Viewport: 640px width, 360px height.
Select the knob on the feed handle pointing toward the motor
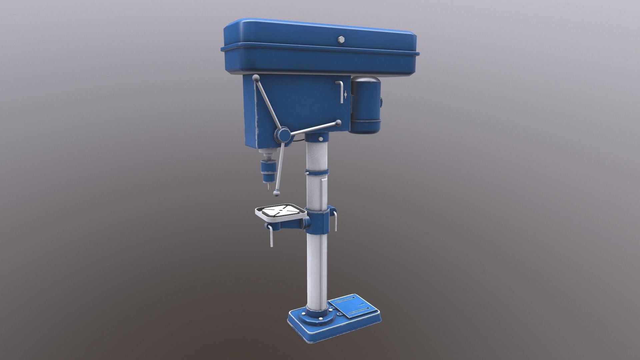pyautogui.click(x=339, y=123)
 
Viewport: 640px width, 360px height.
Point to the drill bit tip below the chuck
pyautogui.click(x=267, y=187)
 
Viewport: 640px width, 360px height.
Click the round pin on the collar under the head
pyautogui.click(x=320, y=139)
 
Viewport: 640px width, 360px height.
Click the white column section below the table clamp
pyautogui.click(x=315, y=267)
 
